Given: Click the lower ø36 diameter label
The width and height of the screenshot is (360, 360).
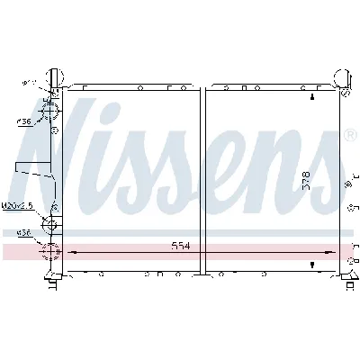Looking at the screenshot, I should click(x=22, y=233).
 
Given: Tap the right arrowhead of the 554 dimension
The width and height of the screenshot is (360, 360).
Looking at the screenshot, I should click(x=335, y=253).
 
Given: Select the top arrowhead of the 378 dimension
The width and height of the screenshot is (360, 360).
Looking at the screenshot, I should click(x=311, y=96).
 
